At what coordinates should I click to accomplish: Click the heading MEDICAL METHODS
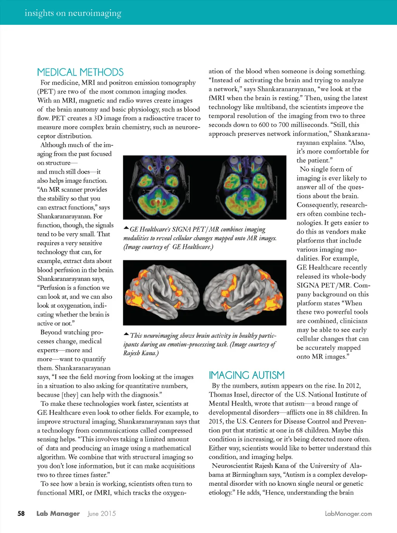point(80,72)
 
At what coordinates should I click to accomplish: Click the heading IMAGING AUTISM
point(247,375)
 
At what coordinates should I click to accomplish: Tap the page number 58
point(21,514)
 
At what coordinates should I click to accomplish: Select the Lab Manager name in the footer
point(58,514)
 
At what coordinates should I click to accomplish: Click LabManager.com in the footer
point(348,514)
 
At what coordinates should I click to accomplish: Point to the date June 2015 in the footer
point(102,514)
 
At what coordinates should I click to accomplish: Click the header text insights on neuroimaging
point(73,13)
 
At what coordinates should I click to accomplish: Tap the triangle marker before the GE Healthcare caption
point(126,228)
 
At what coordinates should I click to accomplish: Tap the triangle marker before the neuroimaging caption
point(126,334)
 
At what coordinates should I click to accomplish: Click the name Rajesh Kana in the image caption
point(140,353)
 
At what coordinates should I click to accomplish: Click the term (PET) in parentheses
point(46,92)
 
